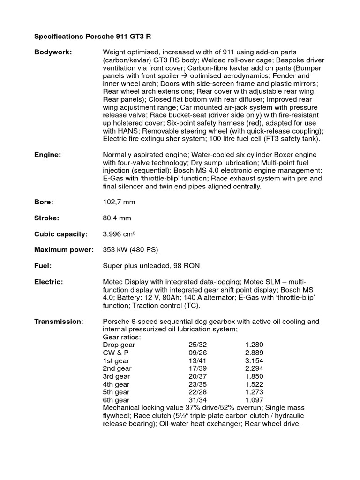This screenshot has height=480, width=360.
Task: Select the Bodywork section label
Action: click(53, 52)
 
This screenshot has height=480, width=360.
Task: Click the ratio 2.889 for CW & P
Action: click(254, 352)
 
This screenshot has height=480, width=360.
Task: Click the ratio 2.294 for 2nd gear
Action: click(254, 368)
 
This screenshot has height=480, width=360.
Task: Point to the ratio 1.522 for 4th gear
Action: click(254, 384)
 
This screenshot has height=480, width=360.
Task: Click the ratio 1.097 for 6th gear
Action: click(254, 400)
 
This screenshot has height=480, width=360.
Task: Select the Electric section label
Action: click(49, 282)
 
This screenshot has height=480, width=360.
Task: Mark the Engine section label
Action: click(47, 155)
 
